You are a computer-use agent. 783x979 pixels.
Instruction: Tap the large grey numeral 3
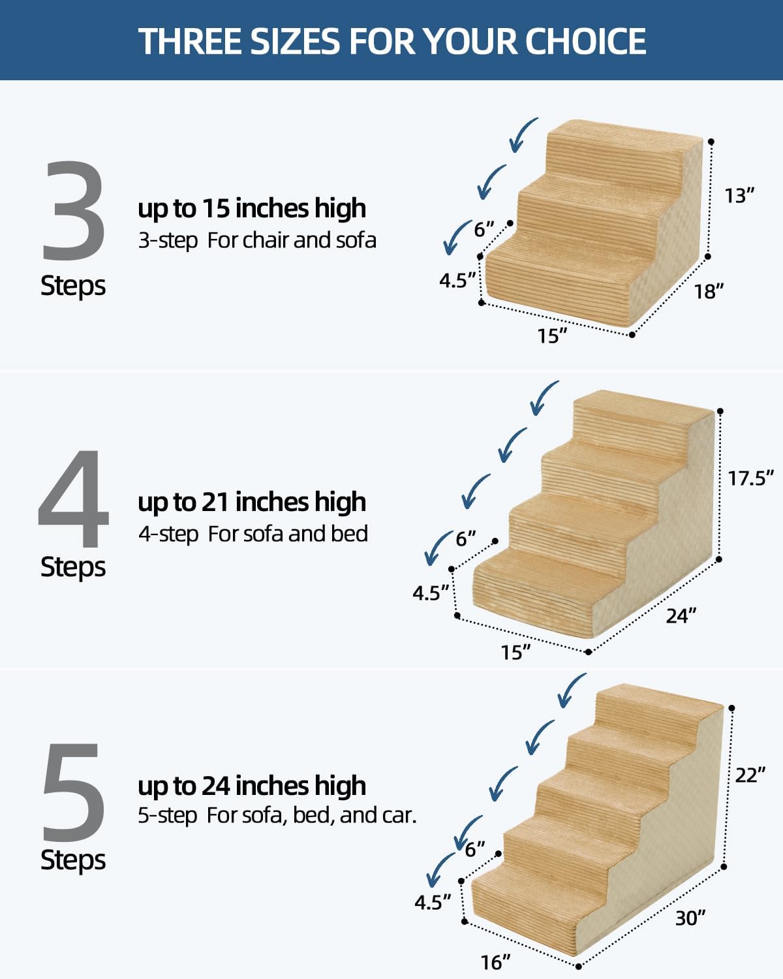click(74, 211)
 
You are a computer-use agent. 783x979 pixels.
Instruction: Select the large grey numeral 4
click(73, 499)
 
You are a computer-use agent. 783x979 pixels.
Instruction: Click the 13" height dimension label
click(739, 195)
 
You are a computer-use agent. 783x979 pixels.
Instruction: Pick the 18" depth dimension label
click(709, 291)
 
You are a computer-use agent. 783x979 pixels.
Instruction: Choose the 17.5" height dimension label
click(750, 478)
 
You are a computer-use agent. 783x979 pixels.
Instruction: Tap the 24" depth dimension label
click(681, 615)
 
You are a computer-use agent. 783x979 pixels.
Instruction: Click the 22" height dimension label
click(750, 775)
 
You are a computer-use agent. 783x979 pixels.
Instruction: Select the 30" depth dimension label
click(690, 918)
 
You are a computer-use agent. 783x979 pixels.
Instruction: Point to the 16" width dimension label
click(495, 962)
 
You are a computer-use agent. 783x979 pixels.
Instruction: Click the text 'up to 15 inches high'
click(251, 208)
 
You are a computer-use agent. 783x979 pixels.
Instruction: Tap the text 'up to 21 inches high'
click(251, 502)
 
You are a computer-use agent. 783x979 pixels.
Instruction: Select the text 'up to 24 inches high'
click(251, 786)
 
